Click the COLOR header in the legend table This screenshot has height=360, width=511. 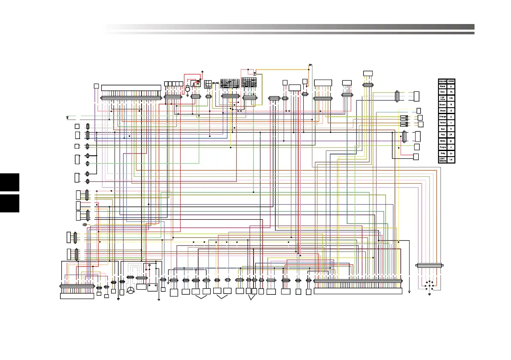[x=442, y=81]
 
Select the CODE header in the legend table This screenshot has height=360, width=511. [x=451, y=81]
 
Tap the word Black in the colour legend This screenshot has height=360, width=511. [x=442, y=86]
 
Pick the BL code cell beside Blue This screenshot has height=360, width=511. [x=451, y=92]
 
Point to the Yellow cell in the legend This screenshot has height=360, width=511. [x=442, y=123]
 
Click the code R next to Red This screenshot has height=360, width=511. [x=451, y=129]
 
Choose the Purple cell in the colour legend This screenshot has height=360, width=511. [x=442, y=147]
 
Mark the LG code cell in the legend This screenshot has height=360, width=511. [x=451, y=160]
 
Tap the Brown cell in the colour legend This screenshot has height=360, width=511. [x=442, y=104]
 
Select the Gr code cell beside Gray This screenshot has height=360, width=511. [x=451, y=153]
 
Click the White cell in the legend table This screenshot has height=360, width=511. [x=442, y=141]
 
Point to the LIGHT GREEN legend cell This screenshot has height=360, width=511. [x=442, y=160]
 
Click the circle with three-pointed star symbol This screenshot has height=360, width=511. [x=130, y=290]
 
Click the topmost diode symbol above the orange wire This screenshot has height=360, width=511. [x=310, y=65]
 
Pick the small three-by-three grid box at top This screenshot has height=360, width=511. [x=208, y=85]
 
